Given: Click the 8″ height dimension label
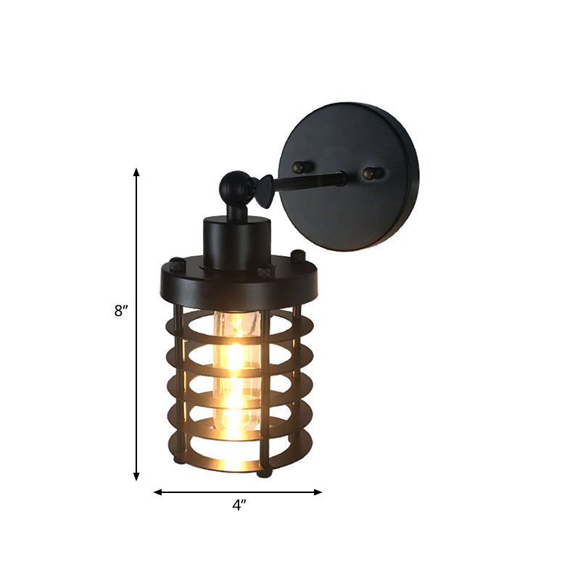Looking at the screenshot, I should coord(121,311).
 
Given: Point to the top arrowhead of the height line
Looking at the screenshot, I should coord(136,172).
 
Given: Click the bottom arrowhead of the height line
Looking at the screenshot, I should coord(136,476).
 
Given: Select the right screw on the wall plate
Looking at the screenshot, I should coord(371,174).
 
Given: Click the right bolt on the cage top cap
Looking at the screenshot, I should coord(297,256).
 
